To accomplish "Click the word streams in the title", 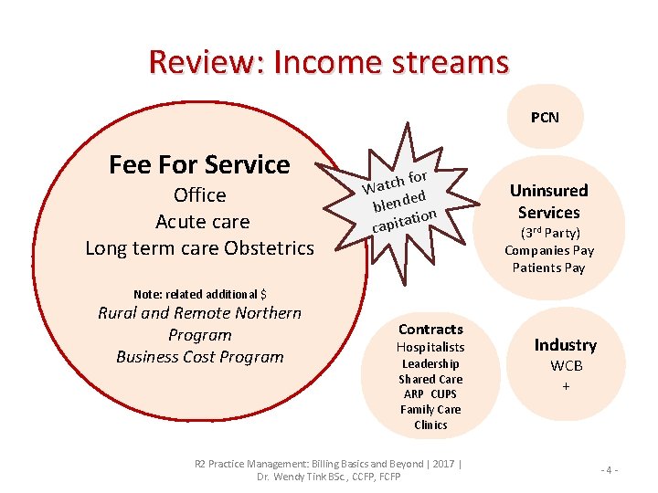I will click(x=451, y=62).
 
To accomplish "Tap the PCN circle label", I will click(x=545, y=117).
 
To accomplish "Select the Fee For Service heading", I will click(x=199, y=164).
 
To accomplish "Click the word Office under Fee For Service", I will click(x=199, y=195).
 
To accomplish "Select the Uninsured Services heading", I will click(x=548, y=201).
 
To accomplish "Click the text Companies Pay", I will click(x=549, y=250).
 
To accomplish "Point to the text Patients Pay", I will click(x=549, y=267).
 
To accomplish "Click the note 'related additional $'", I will click(x=200, y=294).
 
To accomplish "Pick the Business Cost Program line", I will click(x=200, y=357).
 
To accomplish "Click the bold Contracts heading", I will click(x=430, y=329).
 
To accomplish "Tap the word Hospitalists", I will click(x=430, y=347).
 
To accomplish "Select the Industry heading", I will click(x=566, y=345).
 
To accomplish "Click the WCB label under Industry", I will click(x=566, y=366).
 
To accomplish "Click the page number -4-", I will click(x=610, y=470).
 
